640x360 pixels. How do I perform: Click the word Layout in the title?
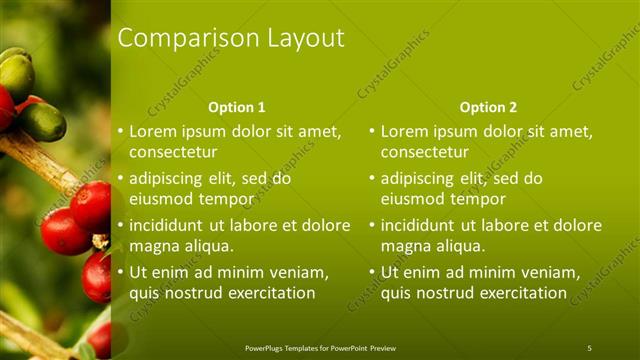[x=305, y=39]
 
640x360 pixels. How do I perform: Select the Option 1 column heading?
[x=237, y=107]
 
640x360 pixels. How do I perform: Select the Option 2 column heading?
[x=489, y=107]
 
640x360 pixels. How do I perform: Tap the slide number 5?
[x=589, y=348]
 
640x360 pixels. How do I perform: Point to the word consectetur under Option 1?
[x=173, y=152]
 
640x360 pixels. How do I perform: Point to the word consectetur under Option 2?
[x=425, y=152]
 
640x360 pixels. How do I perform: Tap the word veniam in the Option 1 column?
[x=294, y=273]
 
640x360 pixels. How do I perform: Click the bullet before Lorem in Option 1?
[x=120, y=131]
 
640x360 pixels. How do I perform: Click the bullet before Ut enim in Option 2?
[x=372, y=273]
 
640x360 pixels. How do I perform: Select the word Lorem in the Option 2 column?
[x=406, y=131]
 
